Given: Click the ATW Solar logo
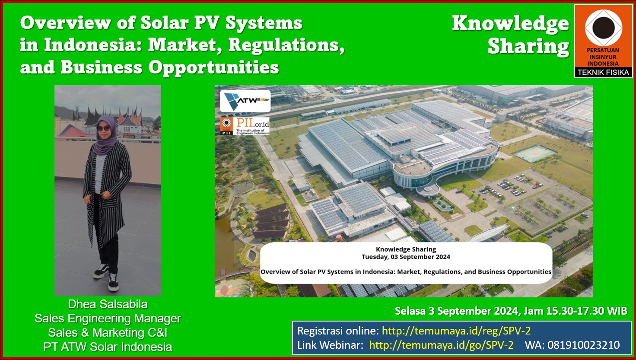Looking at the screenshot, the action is tap(245, 101).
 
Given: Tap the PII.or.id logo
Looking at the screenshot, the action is tap(245, 126).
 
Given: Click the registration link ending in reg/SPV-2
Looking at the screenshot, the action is tap(456, 331).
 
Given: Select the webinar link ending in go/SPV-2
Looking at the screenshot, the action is tap(441, 345).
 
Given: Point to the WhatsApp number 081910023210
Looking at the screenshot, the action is tap(583, 345).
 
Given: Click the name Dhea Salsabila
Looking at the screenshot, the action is tap(108, 304).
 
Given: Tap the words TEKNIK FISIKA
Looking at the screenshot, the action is tap(603, 73).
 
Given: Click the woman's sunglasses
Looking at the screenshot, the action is tap(104, 128).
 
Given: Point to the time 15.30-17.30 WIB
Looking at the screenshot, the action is tap(576, 311).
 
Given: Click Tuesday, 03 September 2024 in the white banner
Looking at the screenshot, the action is tap(406, 257).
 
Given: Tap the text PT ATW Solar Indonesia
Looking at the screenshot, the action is tap(108, 347).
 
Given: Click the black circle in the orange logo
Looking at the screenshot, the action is tap(603, 28).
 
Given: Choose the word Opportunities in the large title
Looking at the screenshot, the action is tap(213, 68).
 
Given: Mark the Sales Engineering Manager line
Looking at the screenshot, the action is tap(108, 319).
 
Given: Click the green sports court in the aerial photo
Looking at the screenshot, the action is tap(535, 153).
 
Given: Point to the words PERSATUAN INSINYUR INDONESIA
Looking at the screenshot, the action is tap(603, 57).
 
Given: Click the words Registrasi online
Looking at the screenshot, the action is tap(338, 331).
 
